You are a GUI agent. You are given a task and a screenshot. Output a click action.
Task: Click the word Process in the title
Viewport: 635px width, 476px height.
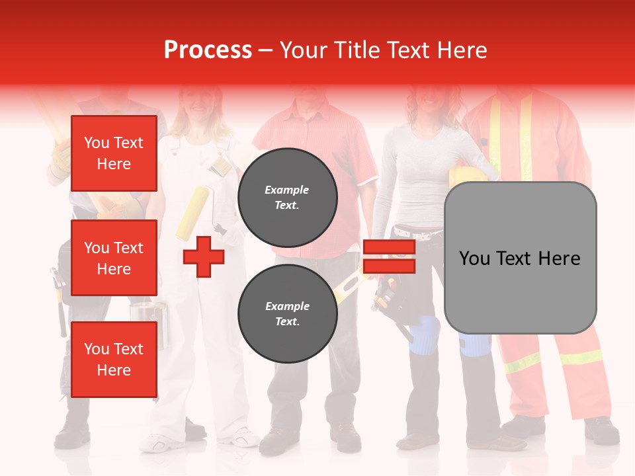coord(208,50)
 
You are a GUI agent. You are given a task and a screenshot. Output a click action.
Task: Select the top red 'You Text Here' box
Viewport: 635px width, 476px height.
coord(114,153)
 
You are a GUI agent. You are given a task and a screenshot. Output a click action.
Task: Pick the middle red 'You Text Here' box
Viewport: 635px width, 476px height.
coord(114,258)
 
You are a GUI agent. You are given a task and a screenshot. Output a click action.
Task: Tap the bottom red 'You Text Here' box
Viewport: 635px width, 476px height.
coord(114,360)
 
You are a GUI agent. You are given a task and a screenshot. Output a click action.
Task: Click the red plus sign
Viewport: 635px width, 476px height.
coord(203,257)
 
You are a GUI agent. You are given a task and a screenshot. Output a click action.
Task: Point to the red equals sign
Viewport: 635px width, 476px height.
coord(389,257)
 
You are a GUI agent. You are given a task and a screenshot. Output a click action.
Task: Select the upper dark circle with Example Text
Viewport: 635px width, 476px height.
coord(288,198)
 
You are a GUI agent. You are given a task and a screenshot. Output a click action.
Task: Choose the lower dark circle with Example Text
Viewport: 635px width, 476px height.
coord(288,314)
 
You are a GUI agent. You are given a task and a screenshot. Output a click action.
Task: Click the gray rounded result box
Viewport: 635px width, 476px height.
coord(520,258)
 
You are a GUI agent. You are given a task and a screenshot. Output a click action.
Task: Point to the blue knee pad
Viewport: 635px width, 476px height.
coord(423,335)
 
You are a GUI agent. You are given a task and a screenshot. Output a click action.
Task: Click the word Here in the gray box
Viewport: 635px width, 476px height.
coord(559,258)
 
